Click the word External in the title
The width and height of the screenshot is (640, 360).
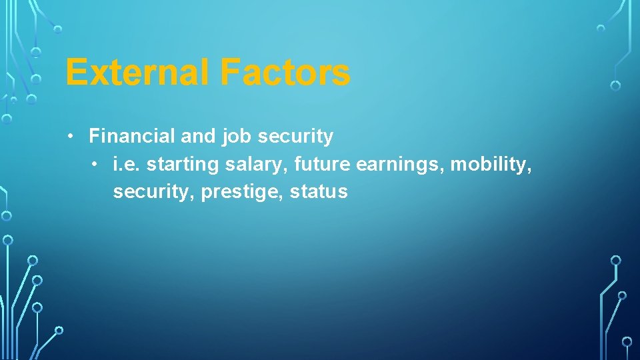137,72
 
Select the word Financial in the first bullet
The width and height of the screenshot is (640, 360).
132,136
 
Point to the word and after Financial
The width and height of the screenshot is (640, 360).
198,136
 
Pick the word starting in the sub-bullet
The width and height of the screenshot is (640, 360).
175,165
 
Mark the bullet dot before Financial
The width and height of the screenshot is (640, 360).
71,137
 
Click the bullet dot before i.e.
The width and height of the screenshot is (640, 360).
95,164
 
